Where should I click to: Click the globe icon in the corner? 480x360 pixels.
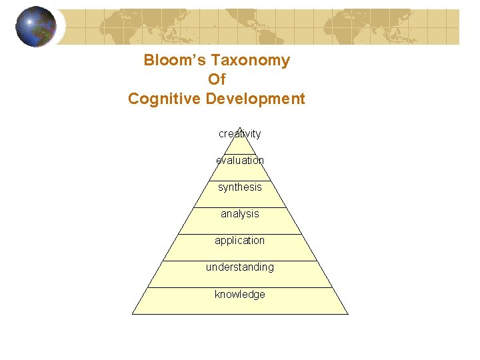click(36, 27)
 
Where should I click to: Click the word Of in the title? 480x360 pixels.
click(217, 79)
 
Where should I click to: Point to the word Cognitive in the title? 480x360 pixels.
click(165, 99)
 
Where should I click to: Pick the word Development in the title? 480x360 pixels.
click(255, 99)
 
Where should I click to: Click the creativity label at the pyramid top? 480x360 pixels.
click(240, 134)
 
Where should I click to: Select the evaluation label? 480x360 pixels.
click(240, 161)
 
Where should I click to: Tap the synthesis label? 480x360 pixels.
click(240, 187)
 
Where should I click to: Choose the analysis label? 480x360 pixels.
click(240, 214)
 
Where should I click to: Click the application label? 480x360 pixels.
click(240, 241)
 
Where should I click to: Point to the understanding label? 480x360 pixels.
click(240, 267)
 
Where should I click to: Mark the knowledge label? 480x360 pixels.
click(240, 295)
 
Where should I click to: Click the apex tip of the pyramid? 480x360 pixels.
click(240, 127)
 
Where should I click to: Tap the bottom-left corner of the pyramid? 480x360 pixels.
click(133, 314)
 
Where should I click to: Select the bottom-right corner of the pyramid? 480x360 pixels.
click(348, 314)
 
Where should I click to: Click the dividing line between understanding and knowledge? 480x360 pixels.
click(240, 288)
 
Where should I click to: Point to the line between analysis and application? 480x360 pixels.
click(240, 234)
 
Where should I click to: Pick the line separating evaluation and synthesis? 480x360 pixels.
click(240, 181)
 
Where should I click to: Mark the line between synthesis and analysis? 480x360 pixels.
click(240, 207)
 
